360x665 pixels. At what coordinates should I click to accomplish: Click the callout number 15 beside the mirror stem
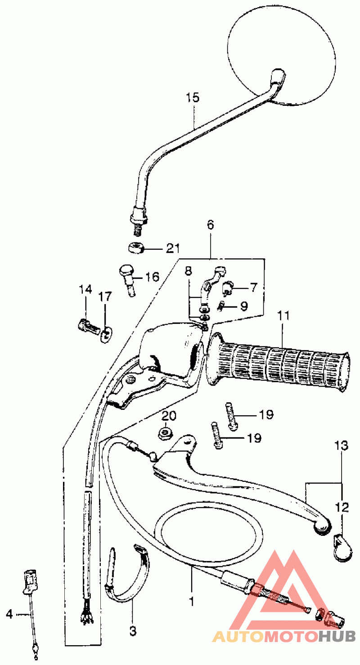point(193,98)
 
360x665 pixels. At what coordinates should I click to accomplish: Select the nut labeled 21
point(136,247)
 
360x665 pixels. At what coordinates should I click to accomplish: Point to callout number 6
point(210,225)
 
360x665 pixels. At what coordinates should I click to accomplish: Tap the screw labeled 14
point(88,327)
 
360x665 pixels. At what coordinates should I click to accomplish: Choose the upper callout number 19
point(266,414)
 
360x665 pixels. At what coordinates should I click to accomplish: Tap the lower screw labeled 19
point(217,436)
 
